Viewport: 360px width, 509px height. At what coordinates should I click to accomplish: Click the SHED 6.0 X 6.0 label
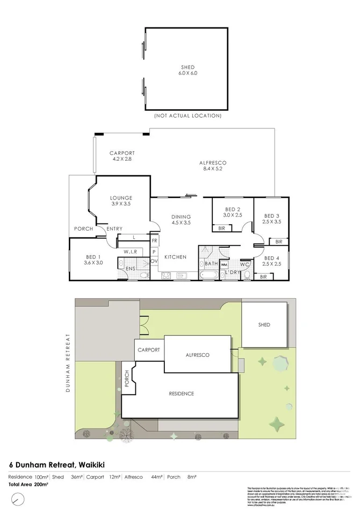coord(188,70)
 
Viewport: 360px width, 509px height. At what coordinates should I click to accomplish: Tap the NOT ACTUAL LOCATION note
coord(188,116)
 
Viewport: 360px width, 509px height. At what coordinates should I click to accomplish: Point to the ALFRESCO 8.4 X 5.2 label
coord(212,166)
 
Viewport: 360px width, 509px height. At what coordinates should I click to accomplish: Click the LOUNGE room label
coord(121,200)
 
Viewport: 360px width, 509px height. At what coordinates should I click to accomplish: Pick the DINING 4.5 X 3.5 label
coord(181,219)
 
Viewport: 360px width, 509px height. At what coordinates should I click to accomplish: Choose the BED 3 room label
coord(272,218)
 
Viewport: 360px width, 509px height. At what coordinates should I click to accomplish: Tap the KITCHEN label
coord(175,257)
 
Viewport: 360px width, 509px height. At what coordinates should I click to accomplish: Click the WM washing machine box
coord(224,264)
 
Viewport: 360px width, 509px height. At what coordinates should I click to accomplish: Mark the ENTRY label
coord(114,229)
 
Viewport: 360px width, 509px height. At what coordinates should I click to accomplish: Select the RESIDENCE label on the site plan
coord(182,394)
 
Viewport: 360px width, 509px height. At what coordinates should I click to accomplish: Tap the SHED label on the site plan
coord(264,325)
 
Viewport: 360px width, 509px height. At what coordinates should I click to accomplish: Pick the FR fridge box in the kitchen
coord(154,240)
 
